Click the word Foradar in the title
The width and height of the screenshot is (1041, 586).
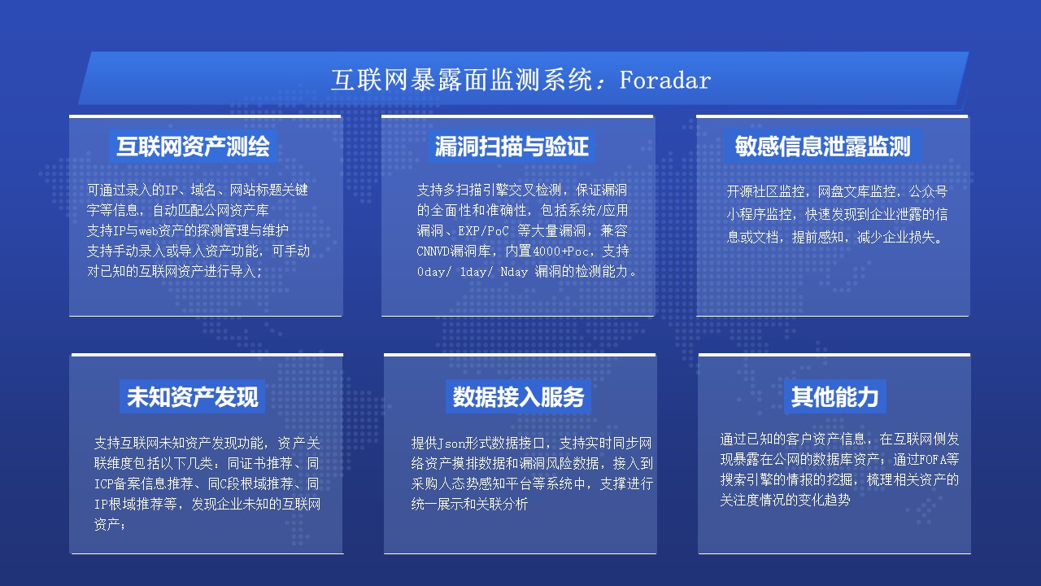coord(665,80)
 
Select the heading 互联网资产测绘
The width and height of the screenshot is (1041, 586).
coord(193,146)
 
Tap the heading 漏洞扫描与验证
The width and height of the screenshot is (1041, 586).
coord(512,146)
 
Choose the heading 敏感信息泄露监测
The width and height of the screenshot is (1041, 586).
coord(822,146)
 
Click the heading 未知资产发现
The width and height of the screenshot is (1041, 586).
coord(193,396)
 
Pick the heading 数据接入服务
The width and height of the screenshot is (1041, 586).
coord(518,396)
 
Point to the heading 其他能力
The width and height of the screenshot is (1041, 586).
coord(834,396)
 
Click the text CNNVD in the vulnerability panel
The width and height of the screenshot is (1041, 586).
coord(433,251)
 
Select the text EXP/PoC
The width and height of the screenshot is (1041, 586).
coord(483,230)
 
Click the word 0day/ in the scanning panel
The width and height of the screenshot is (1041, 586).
coord(433,272)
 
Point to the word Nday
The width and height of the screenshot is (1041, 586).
coord(514,272)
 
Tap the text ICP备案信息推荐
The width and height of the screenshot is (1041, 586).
coord(144,483)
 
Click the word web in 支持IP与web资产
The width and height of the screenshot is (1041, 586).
coord(148,230)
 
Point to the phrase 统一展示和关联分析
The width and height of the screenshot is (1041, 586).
coord(469,504)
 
